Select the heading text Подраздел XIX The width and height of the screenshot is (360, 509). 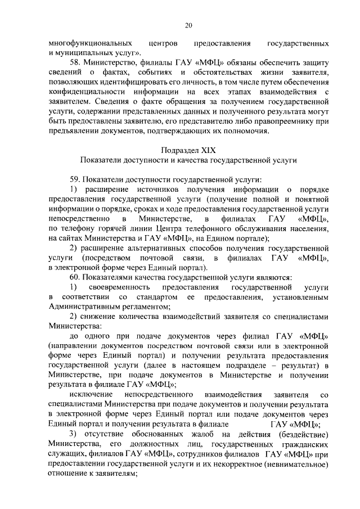[x=188, y=151]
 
